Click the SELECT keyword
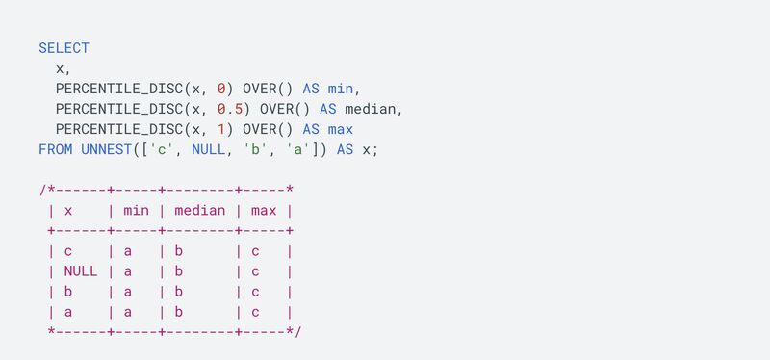[64, 47]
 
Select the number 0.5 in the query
[230, 109]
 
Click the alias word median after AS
[370, 109]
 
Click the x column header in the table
[68, 211]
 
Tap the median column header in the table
[201, 211]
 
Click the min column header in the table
[136, 211]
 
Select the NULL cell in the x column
[80, 271]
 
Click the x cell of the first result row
[68, 251]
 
